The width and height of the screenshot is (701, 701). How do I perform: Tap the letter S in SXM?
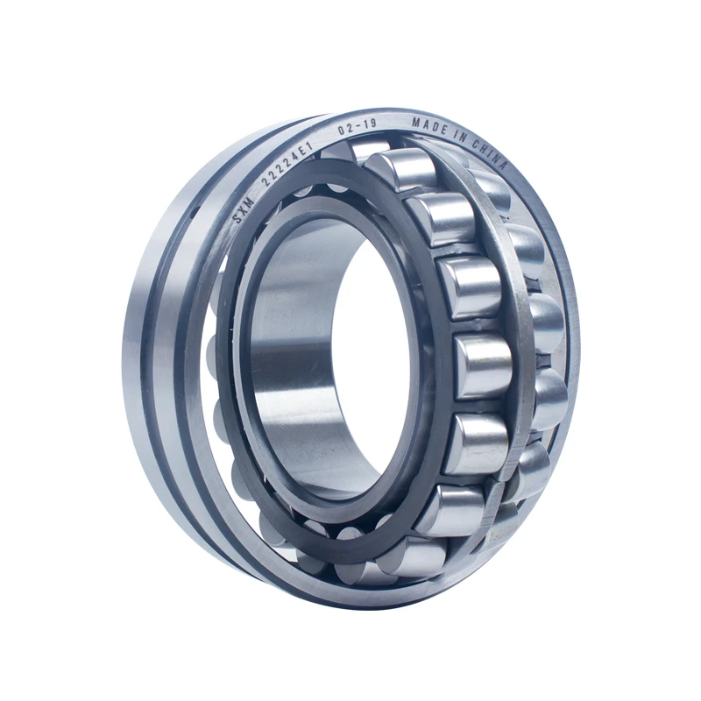235,216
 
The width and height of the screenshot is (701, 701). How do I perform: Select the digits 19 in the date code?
368,124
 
